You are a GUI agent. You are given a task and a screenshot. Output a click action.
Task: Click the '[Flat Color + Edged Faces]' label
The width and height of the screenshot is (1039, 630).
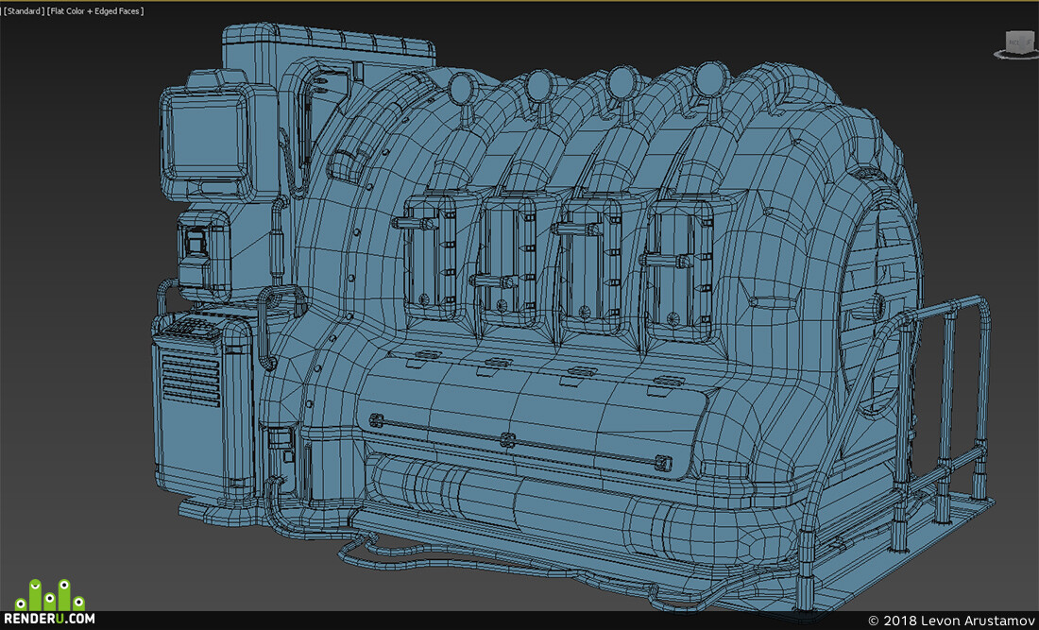95,11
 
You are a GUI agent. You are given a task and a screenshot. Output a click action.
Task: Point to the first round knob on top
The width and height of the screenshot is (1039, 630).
461,85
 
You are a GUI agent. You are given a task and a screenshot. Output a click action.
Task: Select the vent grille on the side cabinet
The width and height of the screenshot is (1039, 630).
190,378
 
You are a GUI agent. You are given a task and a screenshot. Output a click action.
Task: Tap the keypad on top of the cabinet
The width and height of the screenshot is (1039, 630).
191,327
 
